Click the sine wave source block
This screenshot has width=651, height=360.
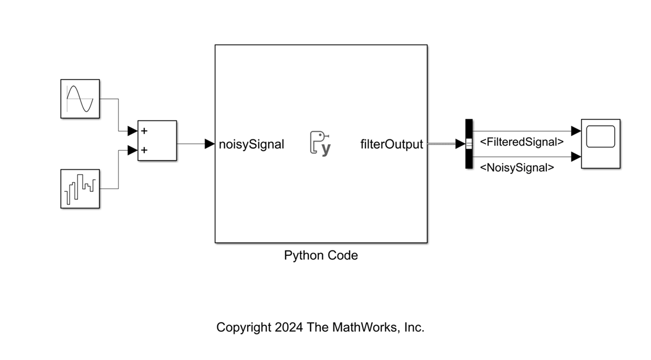[80, 99]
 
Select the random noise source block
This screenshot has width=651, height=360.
[80, 188]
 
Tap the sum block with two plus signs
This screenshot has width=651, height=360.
[157, 140]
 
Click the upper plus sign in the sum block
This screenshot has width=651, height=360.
[144, 131]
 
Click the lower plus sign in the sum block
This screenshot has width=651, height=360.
[144, 150]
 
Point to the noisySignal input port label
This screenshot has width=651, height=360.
[251, 145]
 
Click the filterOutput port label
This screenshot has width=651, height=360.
[391, 145]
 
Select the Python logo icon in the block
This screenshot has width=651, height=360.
[320, 144]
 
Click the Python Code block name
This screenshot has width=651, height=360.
[321, 255]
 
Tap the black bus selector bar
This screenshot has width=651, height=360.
[469, 144]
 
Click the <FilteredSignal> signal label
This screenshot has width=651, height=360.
[521, 142]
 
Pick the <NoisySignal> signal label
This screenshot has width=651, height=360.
[517, 168]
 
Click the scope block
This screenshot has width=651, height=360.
[601, 144]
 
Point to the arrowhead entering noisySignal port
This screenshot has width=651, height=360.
[210, 144]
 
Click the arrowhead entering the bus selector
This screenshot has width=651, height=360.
[460, 144]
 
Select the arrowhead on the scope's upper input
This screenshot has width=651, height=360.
[576, 131]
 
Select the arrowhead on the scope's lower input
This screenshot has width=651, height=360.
[576, 157]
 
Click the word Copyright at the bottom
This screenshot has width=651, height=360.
[243, 327]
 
